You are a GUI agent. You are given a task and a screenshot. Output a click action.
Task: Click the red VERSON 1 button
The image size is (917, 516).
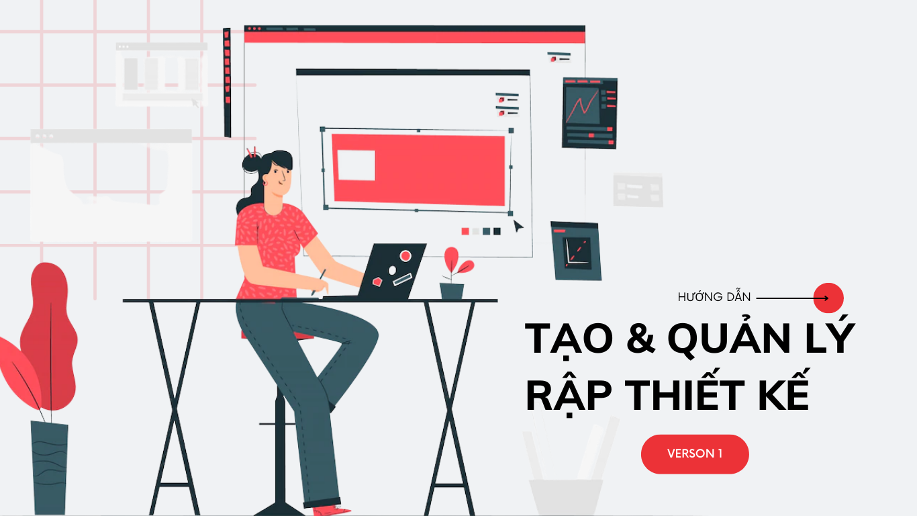(695, 454)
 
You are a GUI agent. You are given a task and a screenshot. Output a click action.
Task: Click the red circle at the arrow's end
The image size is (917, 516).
(828, 298)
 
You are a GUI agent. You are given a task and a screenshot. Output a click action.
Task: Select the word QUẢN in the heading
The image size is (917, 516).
(728, 337)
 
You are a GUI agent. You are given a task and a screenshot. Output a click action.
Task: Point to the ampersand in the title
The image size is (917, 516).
(640, 338)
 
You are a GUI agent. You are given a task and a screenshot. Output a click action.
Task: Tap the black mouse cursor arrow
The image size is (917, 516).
(518, 226)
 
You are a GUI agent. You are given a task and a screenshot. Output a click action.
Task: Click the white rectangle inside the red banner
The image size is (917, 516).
(356, 165)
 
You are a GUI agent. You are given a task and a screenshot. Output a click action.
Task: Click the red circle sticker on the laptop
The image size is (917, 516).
(405, 256)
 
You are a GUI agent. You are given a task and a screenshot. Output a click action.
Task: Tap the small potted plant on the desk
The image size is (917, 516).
(454, 273)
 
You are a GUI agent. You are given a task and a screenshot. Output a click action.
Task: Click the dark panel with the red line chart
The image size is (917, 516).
(589, 113)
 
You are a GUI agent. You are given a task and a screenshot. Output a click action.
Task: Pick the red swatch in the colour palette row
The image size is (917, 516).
(465, 231)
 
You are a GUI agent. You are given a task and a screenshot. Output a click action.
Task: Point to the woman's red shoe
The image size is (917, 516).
(331, 510)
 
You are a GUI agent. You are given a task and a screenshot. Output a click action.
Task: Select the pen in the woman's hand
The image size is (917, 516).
(318, 282)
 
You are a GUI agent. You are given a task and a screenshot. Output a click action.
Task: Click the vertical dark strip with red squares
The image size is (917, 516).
(227, 83)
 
